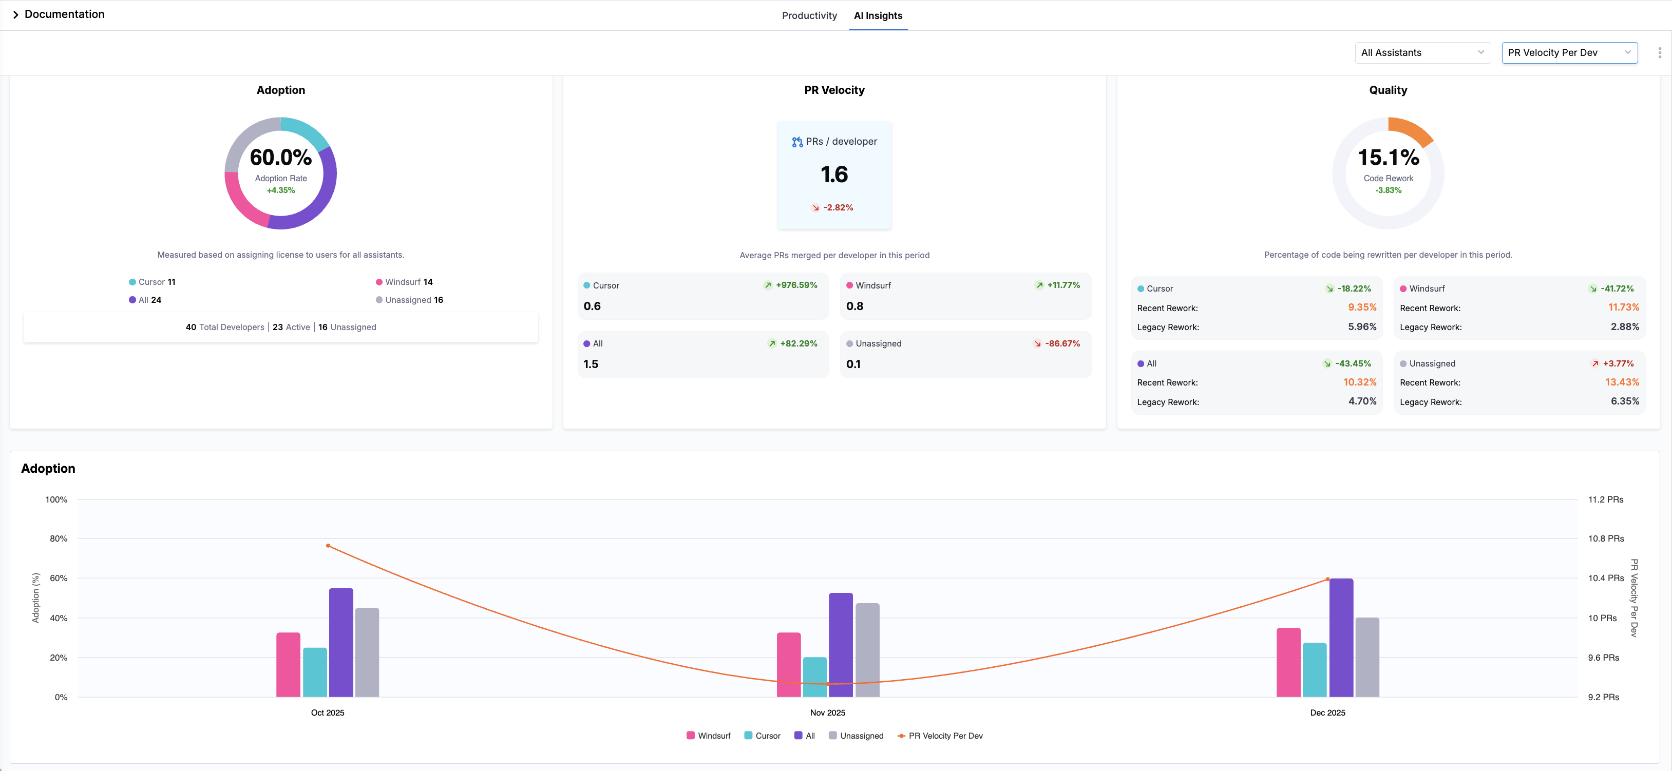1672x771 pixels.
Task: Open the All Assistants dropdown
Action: [1421, 52]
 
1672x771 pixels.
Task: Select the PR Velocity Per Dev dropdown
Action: [1569, 52]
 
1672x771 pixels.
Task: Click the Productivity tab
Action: [809, 15]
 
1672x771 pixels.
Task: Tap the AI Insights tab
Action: [878, 15]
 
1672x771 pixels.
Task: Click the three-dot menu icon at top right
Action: [1659, 52]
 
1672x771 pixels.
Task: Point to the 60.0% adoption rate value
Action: [280, 157]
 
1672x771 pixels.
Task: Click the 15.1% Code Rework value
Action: [1388, 157]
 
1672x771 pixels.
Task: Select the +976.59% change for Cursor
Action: [796, 285]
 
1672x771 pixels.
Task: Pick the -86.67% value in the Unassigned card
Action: [1062, 343]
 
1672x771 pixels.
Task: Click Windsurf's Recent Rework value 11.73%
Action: [1623, 307]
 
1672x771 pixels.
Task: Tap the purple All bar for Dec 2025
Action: [1341, 638]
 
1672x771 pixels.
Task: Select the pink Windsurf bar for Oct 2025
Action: [288, 665]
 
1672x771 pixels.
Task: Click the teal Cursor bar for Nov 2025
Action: [814, 677]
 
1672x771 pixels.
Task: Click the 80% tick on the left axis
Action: [59, 538]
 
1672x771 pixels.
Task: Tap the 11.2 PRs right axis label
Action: [1605, 500]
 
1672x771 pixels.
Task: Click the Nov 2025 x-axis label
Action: [828, 712]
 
